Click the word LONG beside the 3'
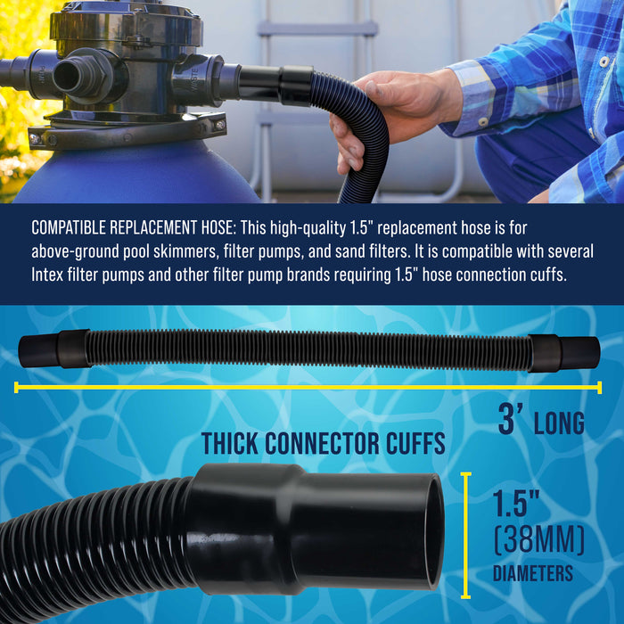click(x=559, y=423)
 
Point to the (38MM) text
click(x=538, y=540)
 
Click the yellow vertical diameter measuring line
click(x=464, y=535)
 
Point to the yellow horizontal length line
click(x=308, y=387)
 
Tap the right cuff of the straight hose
click(x=563, y=353)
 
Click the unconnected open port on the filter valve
click(x=71, y=76)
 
